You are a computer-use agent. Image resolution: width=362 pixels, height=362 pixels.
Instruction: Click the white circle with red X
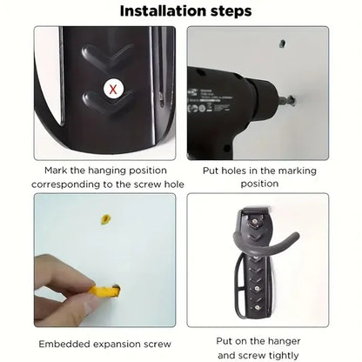point(111,88)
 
